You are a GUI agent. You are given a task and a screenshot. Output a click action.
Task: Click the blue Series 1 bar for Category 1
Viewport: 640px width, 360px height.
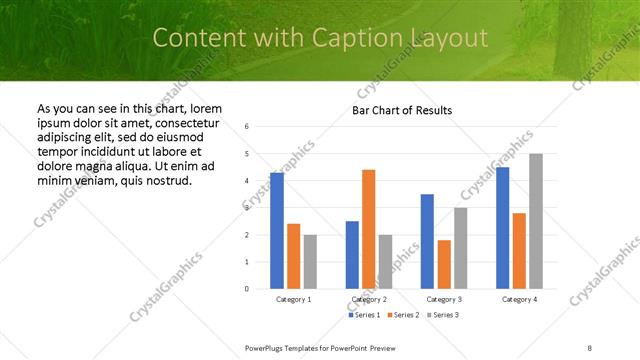pos(277,231)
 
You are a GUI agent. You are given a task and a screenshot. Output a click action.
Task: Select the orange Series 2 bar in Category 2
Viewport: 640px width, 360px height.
pos(368,229)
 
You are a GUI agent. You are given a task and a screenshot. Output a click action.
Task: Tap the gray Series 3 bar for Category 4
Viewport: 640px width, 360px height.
pos(536,221)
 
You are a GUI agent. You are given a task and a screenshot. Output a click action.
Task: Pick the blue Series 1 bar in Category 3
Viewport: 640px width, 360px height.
pos(427,241)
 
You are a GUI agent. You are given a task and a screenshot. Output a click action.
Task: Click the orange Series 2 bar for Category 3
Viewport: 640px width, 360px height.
pos(444,264)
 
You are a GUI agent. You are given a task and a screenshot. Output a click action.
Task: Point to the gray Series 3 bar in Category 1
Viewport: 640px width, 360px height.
pos(310,261)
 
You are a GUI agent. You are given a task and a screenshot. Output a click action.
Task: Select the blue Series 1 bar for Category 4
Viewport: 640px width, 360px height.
pos(502,228)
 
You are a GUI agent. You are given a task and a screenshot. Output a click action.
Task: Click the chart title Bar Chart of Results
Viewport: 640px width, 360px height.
pos(402,110)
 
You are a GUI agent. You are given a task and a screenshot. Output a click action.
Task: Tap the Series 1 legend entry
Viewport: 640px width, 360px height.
pos(362,315)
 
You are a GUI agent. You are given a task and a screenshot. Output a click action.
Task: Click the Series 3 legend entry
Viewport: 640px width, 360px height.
pos(441,315)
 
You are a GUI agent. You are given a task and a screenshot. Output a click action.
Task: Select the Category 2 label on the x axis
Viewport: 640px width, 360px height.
pos(368,299)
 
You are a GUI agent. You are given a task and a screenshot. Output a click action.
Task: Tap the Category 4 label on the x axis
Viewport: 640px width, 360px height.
pos(519,299)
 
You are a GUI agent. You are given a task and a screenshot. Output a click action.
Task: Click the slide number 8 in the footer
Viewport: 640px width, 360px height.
pos(590,346)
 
